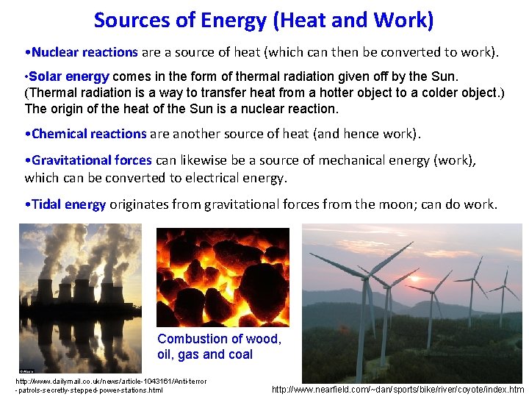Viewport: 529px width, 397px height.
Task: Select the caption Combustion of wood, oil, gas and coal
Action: (x=219, y=346)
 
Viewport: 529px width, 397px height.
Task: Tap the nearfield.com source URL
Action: (x=397, y=390)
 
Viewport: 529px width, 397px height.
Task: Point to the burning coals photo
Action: (x=223, y=277)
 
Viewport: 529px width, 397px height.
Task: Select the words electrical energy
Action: (x=247, y=177)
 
